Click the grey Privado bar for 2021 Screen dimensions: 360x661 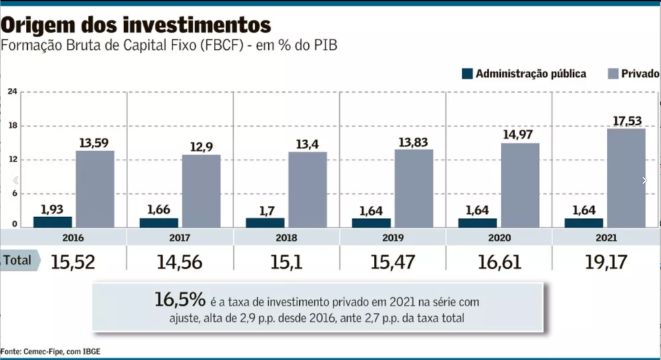pos(625,178)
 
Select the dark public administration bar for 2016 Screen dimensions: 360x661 pos(52,222)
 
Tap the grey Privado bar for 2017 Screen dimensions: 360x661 pos(201,191)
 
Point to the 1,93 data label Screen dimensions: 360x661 pos(52,209)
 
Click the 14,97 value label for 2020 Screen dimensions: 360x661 pos(520,134)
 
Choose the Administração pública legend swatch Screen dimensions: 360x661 pos(468,74)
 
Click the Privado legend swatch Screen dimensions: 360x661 pos(613,74)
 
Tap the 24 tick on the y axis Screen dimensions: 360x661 pos(12,92)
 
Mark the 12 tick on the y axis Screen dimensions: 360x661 pos(12,160)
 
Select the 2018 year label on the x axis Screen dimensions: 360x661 pos(286,238)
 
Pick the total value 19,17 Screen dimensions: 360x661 pos(604,261)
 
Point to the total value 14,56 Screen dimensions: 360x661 pos(180,261)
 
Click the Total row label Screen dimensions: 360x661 pos(17,260)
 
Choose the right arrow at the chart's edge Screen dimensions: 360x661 pos(644,181)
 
